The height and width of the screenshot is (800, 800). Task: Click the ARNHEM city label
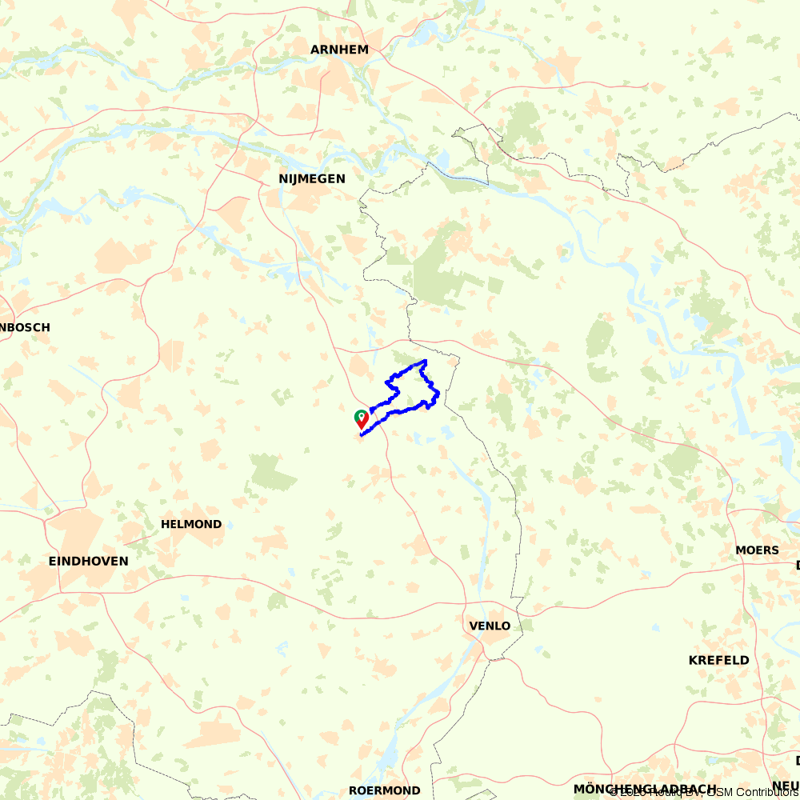[x=340, y=50]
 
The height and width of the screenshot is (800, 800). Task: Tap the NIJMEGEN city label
[x=312, y=179]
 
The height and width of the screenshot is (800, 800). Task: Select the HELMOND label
[x=191, y=525]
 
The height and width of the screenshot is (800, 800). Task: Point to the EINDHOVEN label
[x=88, y=562]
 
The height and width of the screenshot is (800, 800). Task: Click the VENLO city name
[x=490, y=626]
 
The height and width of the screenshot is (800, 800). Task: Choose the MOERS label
[x=757, y=550]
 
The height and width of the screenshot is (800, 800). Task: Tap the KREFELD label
[x=719, y=661]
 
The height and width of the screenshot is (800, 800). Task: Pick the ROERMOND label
[x=384, y=790]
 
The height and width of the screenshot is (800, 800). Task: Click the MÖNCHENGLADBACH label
[x=645, y=790]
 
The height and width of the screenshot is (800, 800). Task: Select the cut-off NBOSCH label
[x=26, y=327]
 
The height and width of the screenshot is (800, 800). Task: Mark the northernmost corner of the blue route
[x=425, y=362]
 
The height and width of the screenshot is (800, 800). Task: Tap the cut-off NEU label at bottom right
[x=786, y=786]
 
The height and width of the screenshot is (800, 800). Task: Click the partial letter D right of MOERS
[x=797, y=566]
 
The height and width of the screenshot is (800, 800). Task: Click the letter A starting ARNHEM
[x=315, y=50]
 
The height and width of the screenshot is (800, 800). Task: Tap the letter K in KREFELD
[x=694, y=661]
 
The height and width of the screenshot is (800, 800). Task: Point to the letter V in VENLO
[x=473, y=626]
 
